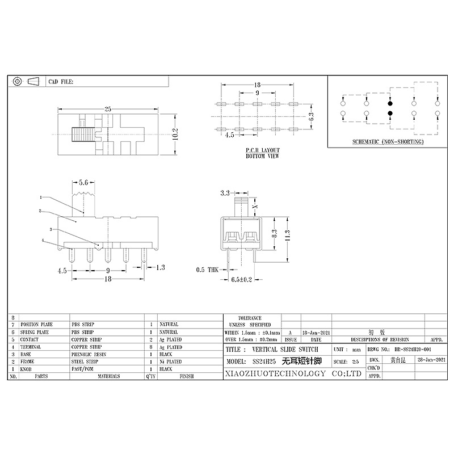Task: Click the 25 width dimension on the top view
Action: [107, 108]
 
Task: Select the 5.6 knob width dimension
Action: [82, 183]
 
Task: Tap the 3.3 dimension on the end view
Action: [225, 194]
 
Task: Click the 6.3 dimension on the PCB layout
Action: [310, 117]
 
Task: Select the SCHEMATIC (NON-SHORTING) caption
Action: [388, 141]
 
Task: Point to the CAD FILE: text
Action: [61, 82]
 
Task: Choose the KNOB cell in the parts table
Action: [27, 368]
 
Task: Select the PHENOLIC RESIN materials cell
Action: [87, 354]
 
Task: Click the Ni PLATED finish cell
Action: [170, 361]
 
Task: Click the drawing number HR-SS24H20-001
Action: [406, 350]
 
